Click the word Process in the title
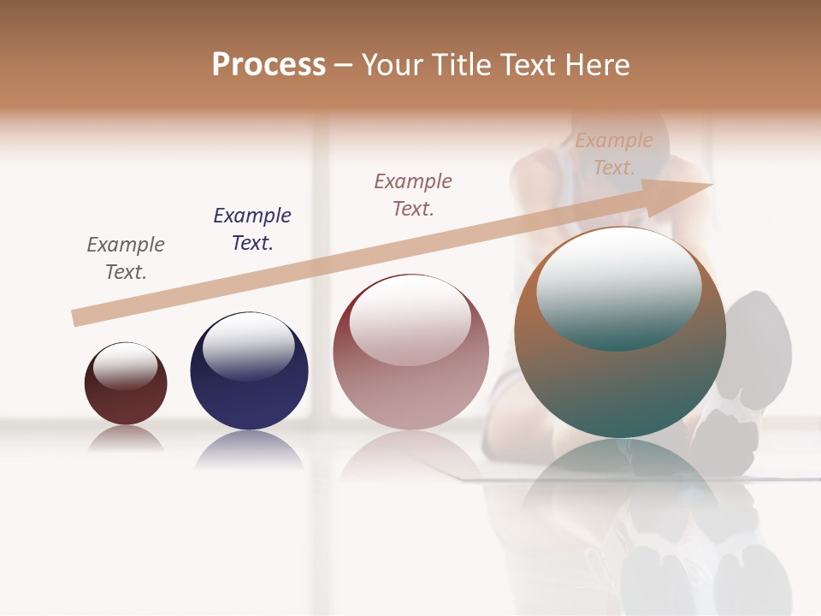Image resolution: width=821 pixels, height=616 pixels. coord(269,65)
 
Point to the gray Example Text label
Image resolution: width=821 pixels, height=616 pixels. coord(126,258)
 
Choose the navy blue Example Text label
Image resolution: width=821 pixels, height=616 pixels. coord(252,228)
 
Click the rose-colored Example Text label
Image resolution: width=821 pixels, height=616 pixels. coord(413,194)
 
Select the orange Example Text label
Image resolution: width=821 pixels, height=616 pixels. coord(614,153)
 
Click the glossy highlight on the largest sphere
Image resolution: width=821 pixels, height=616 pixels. coord(619,287)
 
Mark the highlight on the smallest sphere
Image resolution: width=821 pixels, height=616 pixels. coord(125,366)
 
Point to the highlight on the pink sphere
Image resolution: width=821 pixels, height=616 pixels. coord(410,319)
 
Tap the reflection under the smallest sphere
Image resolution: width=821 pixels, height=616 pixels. coord(126,438)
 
